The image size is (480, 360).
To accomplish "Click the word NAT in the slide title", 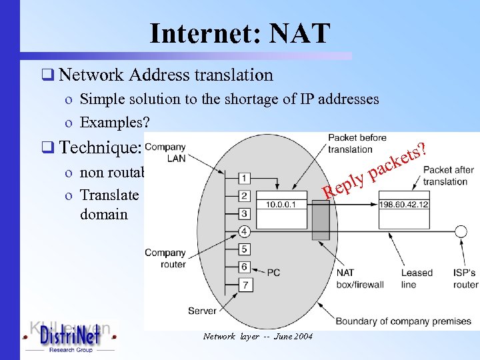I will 295,33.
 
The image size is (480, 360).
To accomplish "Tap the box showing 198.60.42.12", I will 404,204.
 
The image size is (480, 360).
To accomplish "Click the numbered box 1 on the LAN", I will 245,178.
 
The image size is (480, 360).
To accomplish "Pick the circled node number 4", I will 245,231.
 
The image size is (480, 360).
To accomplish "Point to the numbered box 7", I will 245,285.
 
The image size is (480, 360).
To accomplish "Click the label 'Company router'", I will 165,258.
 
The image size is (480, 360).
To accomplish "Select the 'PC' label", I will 274,272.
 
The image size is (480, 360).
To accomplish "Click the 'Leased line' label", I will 417,278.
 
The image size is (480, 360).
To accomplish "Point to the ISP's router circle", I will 459,231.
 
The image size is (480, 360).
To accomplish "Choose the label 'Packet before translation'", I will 357,143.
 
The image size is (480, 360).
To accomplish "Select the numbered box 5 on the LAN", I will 245,249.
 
